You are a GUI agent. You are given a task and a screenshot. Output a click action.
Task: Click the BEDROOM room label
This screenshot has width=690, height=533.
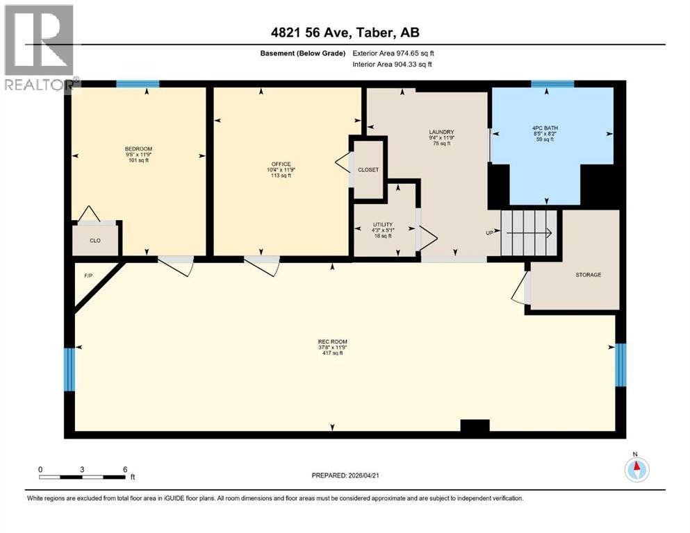tap(138, 149)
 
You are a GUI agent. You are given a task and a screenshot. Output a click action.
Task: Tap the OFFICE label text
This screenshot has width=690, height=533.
tap(281, 164)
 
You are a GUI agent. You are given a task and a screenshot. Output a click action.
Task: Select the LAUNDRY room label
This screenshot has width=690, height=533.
tap(441, 132)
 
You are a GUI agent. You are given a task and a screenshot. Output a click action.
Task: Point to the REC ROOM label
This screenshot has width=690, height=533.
tap(332, 341)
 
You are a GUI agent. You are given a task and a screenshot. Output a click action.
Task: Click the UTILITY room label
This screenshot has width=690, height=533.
tap(383, 225)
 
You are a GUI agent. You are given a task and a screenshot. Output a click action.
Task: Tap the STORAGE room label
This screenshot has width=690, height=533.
tap(588, 275)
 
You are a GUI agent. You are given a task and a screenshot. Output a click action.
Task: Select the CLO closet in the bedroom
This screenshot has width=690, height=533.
tap(95, 240)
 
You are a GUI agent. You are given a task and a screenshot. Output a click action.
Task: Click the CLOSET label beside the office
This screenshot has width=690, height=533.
tap(368, 170)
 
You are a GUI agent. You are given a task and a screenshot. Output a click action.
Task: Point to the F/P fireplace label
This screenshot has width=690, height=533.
tap(88, 276)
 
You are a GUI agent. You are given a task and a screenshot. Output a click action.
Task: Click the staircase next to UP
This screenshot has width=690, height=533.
tap(530, 233)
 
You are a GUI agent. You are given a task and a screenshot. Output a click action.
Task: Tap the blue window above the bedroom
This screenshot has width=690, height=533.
tap(138, 84)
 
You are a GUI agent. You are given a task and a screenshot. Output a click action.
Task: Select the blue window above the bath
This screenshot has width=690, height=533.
tap(552, 84)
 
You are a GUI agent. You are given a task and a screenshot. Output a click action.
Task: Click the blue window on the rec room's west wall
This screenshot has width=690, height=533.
tap(68, 369)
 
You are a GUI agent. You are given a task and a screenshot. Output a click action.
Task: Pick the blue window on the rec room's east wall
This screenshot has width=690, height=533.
tap(621, 364)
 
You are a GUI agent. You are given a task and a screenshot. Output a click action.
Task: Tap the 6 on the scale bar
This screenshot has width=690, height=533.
tap(124, 470)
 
